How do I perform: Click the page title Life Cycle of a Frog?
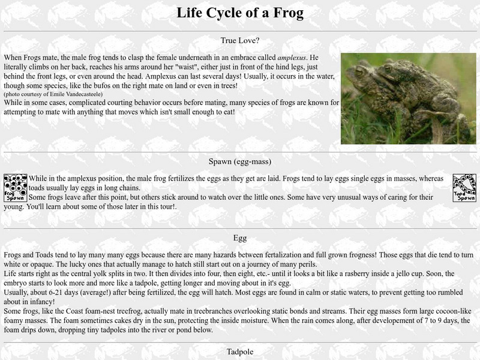(240, 13)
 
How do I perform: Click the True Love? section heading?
(240, 41)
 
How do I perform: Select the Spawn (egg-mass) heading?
(240, 161)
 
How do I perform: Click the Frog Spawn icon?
(15, 187)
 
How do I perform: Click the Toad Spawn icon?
(464, 187)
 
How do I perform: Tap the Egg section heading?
(240, 238)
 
